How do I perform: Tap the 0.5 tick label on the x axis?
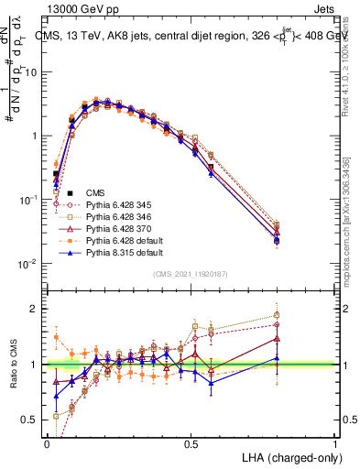click(191, 442)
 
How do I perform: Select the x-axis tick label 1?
click(336, 442)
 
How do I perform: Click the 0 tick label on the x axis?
click(48, 442)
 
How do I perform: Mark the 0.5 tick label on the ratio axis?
click(30, 420)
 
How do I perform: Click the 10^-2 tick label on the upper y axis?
click(27, 264)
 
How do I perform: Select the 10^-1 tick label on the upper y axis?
click(27, 200)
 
